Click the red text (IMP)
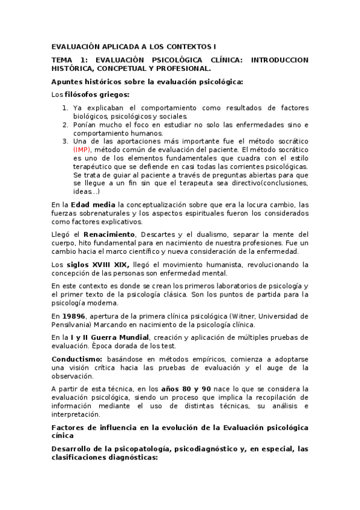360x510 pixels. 82,149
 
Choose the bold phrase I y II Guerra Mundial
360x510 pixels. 109,337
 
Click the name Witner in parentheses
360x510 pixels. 239,316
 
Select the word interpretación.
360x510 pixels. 78,414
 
